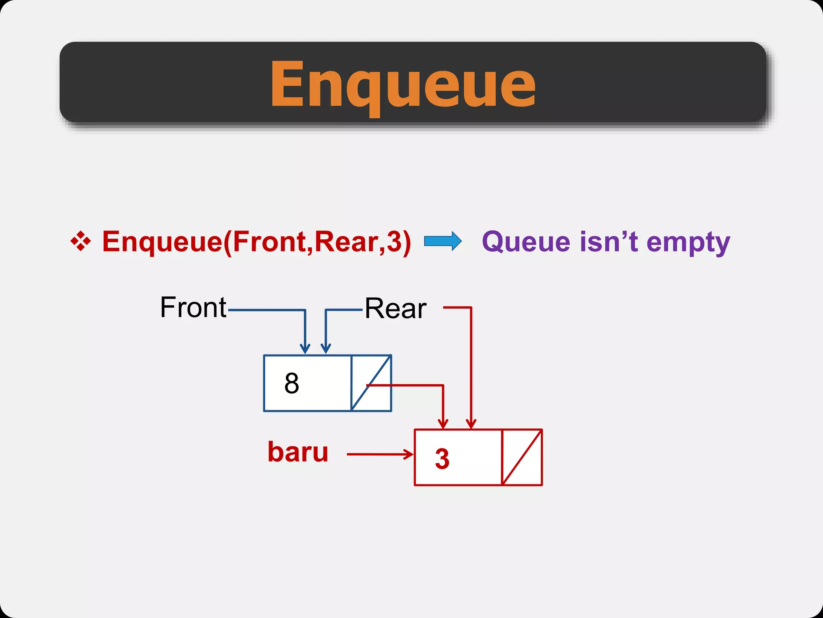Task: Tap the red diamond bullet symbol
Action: click(x=81, y=241)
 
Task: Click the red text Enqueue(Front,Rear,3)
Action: click(x=256, y=242)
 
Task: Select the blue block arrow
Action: click(x=443, y=241)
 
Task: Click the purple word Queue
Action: click(x=526, y=242)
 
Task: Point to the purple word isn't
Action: click(x=609, y=242)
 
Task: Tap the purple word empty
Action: click(x=688, y=243)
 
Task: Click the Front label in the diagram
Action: click(x=193, y=307)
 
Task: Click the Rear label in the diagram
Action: click(x=395, y=309)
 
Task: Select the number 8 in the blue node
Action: click(x=292, y=383)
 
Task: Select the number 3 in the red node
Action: click(x=442, y=459)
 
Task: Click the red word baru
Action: click(x=298, y=452)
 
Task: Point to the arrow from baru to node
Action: click(x=380, y=454)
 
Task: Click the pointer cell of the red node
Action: click(x=522, y=457)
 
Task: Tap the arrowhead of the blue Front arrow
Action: click(x=305, y=348)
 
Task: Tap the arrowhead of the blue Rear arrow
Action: click(x=326, y=348)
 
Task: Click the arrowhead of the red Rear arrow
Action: click(x=471, y=424)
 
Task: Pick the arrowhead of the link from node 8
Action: click(x=443, y=424)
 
